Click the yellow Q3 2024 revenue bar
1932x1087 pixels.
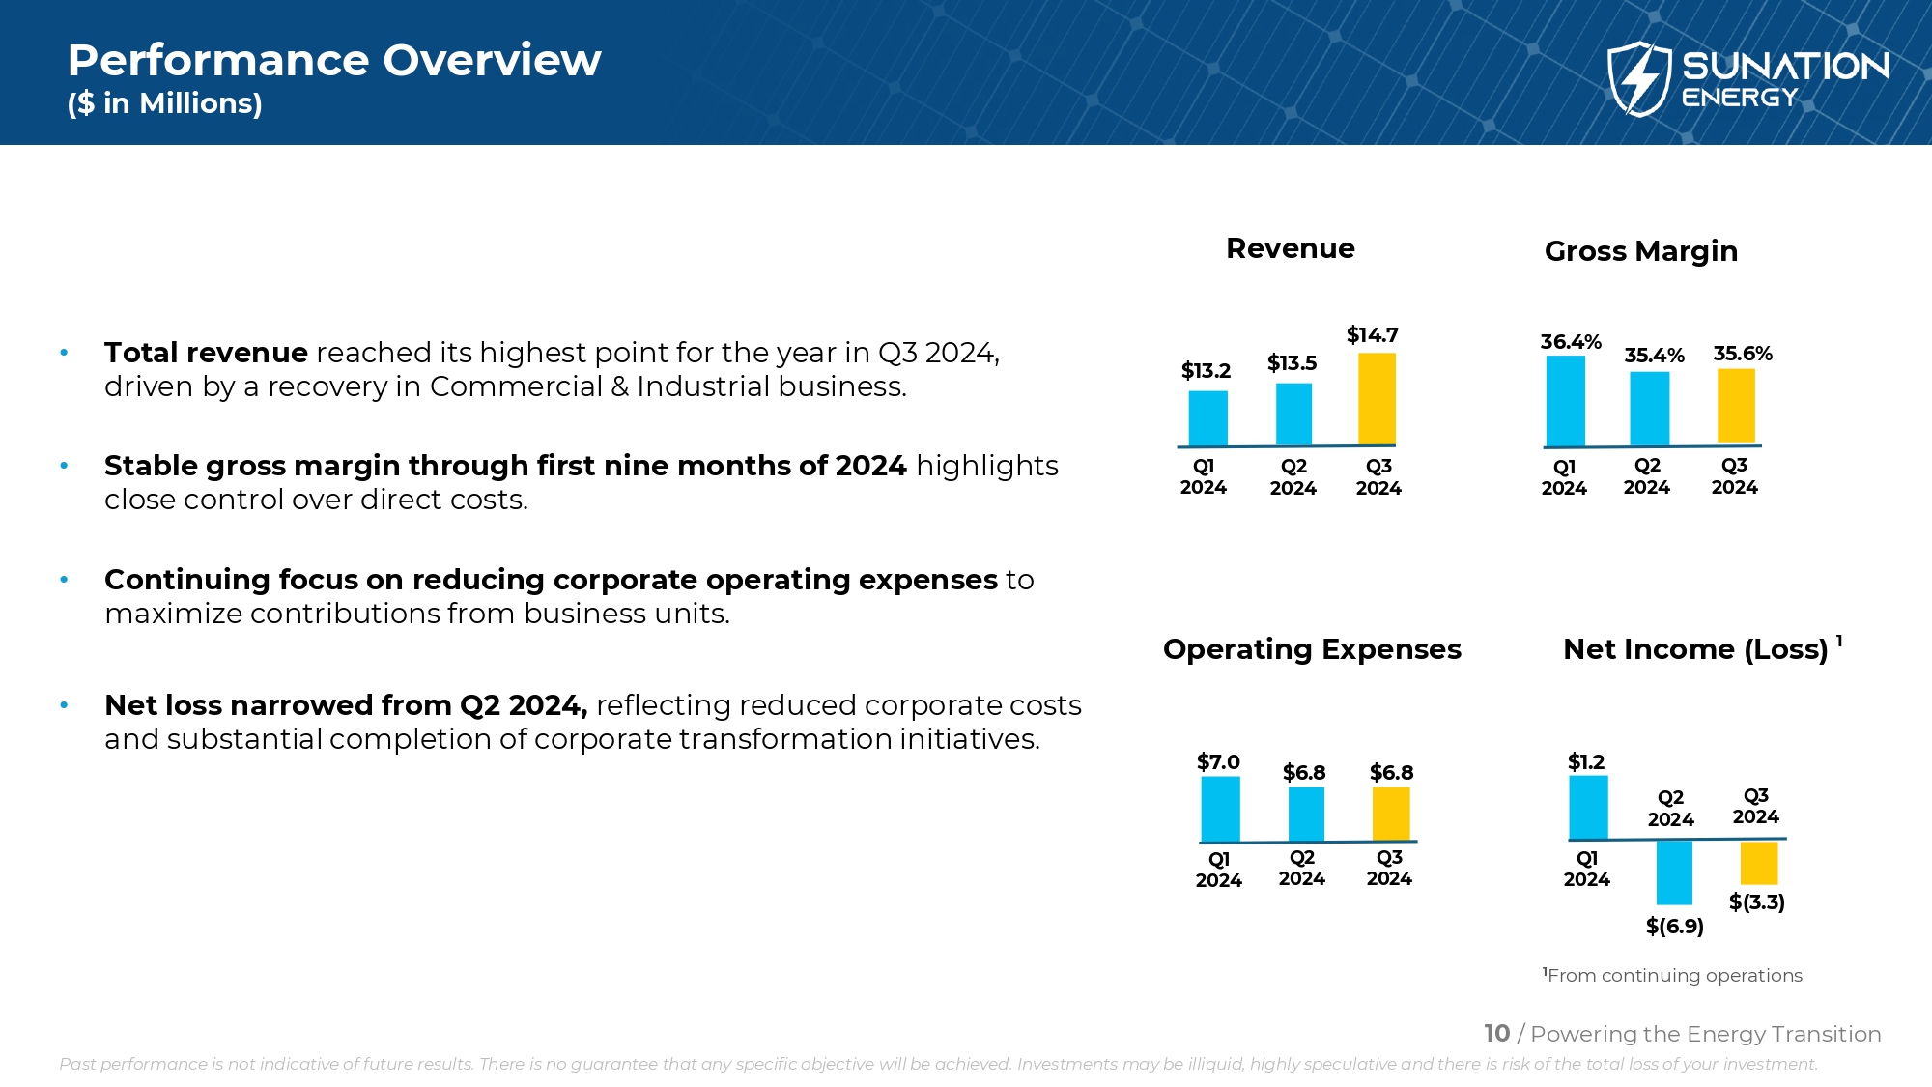pos(1377,398)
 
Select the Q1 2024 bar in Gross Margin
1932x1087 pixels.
pos(1565,401)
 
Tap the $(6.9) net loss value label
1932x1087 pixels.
pos(1674,927)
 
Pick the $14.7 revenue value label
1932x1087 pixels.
pos(1372,335)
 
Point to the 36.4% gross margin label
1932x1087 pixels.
pos(1571,342)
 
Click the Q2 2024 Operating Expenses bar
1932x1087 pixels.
pos(1306,814)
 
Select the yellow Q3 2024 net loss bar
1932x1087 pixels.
pos(1759,863)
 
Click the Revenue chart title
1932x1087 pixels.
pos(1290,248)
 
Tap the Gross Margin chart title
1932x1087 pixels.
pos(1640,251)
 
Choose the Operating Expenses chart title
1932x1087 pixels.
pos(1312,649)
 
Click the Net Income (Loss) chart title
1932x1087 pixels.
pos(1695,649)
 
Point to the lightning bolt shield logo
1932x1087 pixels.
pos(1638,78)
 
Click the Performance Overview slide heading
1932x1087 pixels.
pos(334,60)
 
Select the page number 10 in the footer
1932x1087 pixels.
pos(1496,1034)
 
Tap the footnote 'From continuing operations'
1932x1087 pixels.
pos(1673,976)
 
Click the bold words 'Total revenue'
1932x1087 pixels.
pos(206,353)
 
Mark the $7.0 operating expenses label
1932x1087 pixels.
pos(1218,762)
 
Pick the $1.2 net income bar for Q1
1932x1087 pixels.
pos(1588,807)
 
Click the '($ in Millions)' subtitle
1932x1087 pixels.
pos(165,103)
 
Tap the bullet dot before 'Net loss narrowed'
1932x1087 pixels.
pos(64,705)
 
